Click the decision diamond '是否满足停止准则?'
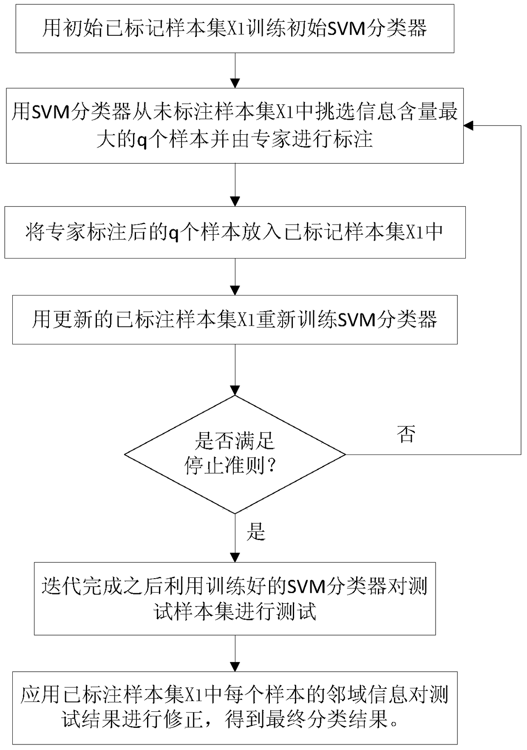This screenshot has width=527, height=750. [235, 455]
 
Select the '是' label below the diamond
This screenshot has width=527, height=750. [256, 531]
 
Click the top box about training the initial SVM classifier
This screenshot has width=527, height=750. [235, 29]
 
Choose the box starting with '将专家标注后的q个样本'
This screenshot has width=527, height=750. [235, 232]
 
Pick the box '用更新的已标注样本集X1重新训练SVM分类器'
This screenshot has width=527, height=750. [235, 320]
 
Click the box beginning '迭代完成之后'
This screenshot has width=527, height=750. [235, 599]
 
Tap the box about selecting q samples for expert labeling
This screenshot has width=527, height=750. [235, 126]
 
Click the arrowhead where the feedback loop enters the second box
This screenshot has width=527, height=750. [468, 126]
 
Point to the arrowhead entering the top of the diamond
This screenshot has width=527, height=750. [235, 391]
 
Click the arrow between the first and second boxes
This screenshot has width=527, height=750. [235, 71]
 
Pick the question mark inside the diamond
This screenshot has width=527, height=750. [271, 467]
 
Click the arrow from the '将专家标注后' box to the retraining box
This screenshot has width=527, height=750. [235, 277]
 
